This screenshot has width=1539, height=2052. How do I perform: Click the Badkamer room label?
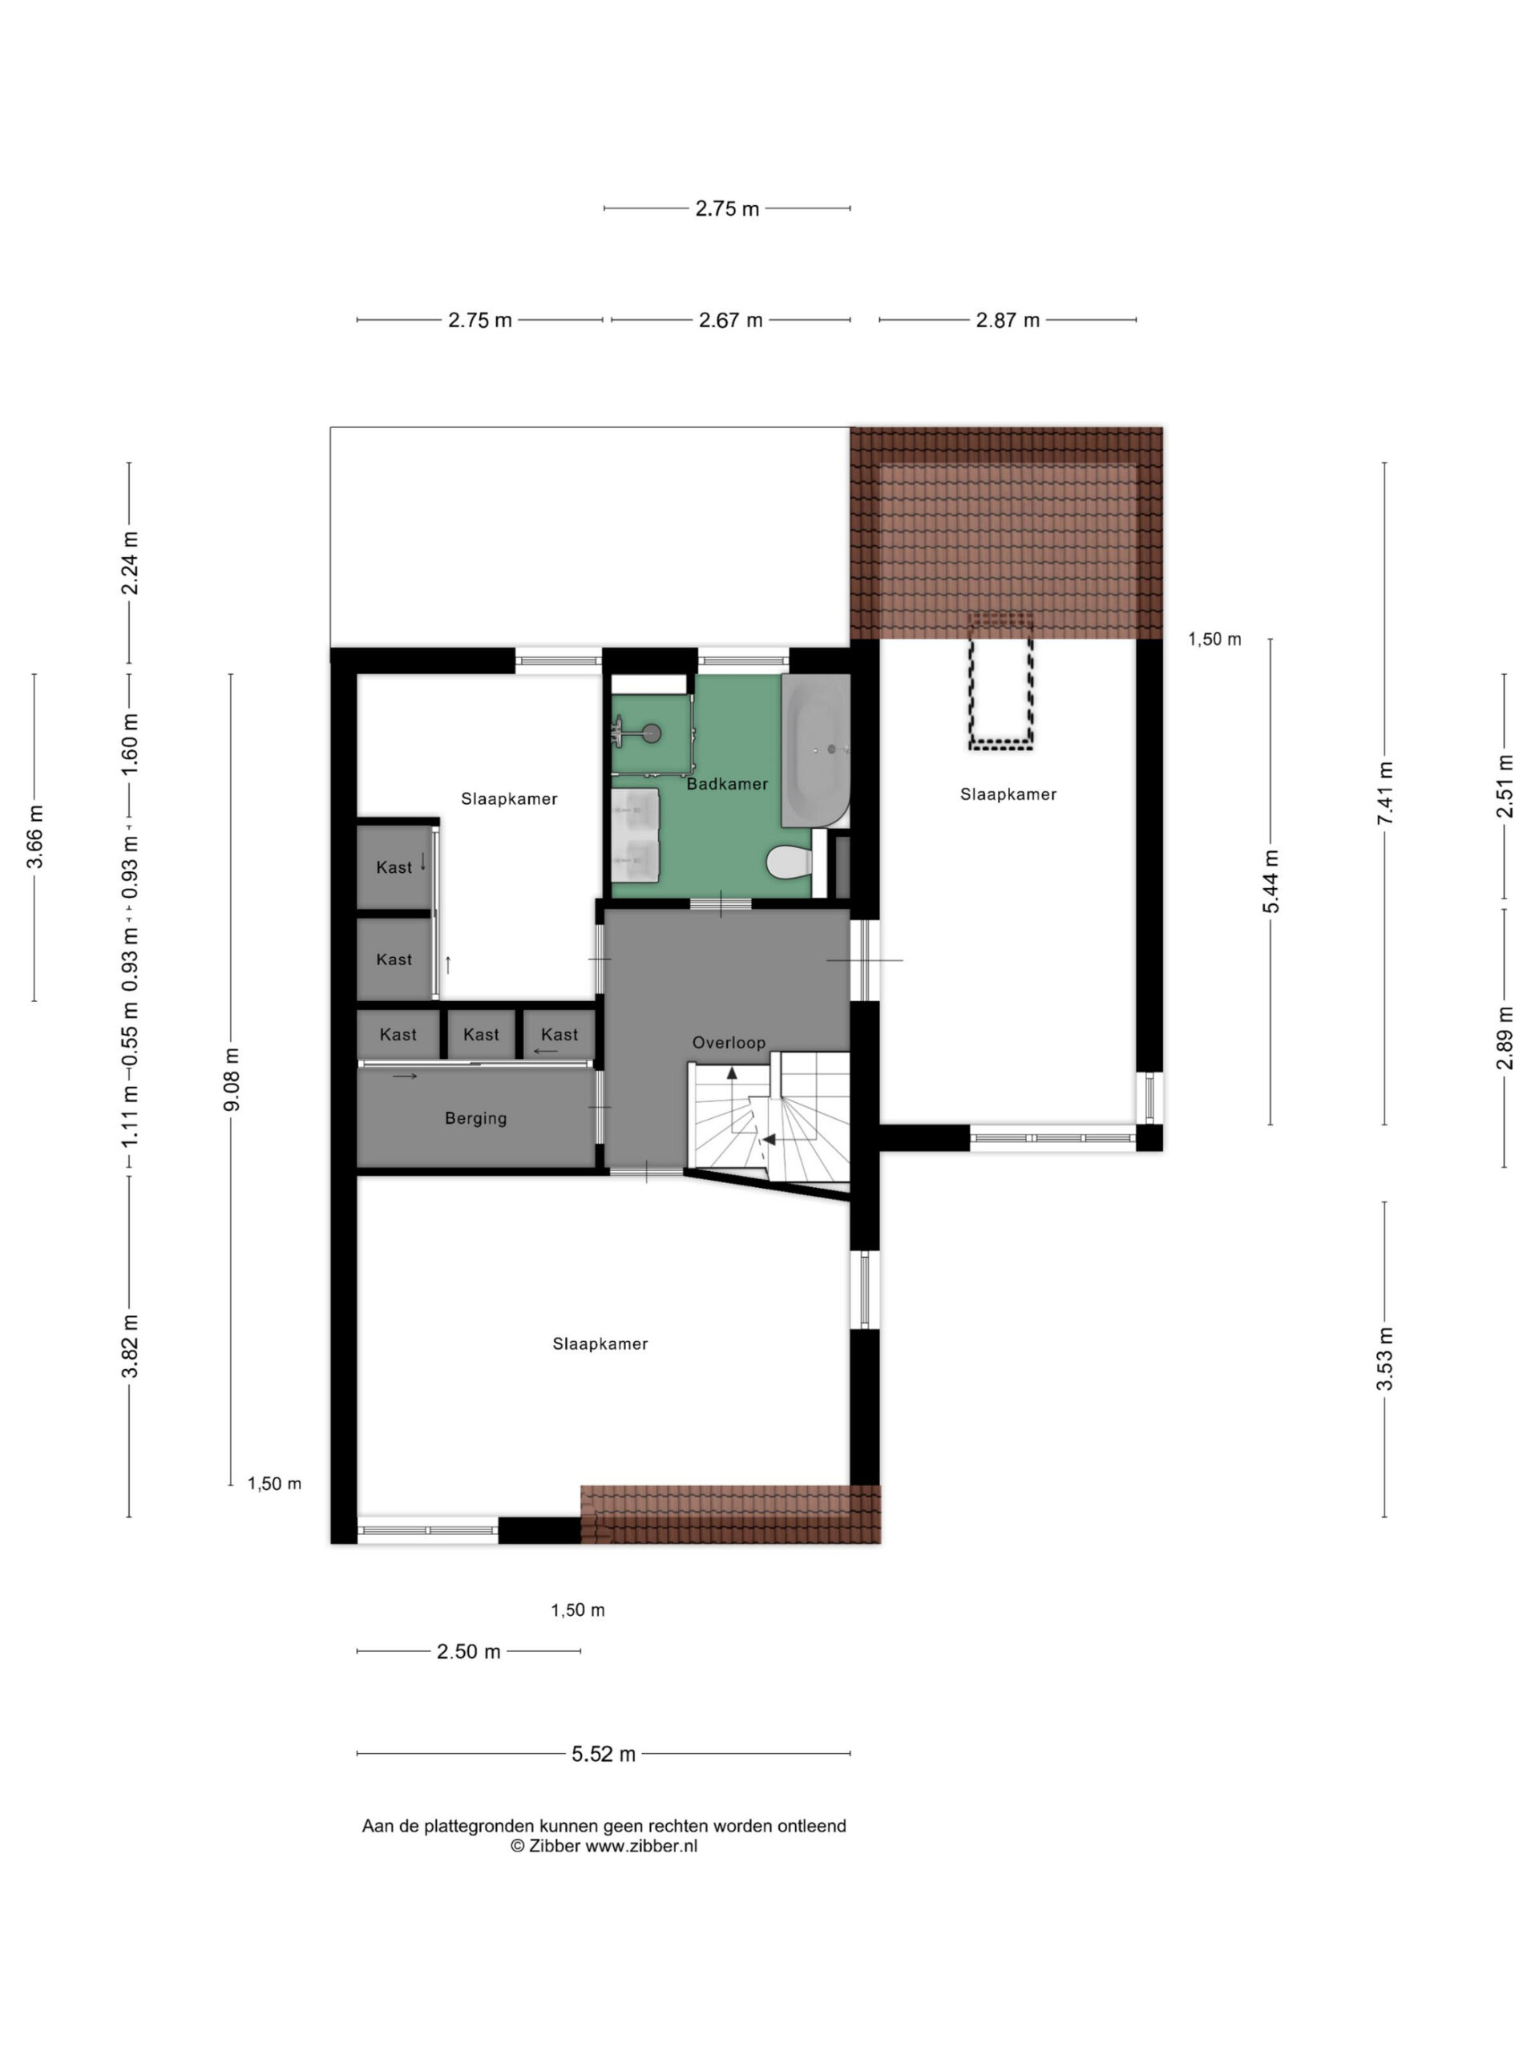(x=726, y=784)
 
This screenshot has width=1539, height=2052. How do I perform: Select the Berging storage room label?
(x=476, y=1119)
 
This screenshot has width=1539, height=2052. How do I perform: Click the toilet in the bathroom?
(x=790, y=862)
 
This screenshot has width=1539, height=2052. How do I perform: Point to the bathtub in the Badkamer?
(x=814, y=750)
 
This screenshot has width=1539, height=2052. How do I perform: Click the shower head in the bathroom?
(x=653, y=733)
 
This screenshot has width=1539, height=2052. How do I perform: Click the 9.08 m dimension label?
(x=232, y=1079)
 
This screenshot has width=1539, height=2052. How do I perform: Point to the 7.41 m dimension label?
(x=1384, y=794)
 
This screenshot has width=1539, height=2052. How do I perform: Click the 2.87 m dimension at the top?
(x=1008, y=320)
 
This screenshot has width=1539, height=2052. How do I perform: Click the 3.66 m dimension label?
(x=35, y=837)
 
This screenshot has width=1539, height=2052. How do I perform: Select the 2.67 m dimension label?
(x=730, y=320)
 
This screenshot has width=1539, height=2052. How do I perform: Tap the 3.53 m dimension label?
(x=1384, y=1359)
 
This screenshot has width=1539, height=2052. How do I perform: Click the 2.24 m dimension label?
(x=130, y=563)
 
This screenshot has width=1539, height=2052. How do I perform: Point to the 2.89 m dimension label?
(x=1504, y=1037)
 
